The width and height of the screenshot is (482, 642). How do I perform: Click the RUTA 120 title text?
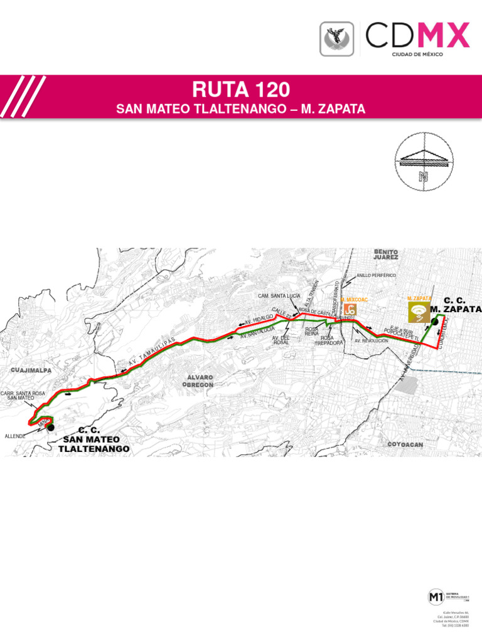pos(241,89)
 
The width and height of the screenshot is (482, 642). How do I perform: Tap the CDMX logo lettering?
pos(417,35)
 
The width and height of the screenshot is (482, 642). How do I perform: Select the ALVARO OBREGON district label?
pos(200,381)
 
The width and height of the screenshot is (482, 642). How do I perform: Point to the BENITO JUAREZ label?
pos(385,254)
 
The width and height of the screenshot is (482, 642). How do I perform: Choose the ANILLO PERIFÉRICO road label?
pos(376,275)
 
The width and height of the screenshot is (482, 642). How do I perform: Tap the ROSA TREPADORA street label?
pos(328,340)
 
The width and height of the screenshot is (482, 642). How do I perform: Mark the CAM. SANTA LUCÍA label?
pos(279,295)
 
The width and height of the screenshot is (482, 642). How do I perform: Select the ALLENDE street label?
pos(14,435)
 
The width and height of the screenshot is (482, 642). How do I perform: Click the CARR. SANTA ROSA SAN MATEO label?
pos(23,396)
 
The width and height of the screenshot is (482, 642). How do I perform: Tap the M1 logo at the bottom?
pos(435,597)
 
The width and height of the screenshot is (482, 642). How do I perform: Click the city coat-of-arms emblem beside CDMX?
pos(338,38)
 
